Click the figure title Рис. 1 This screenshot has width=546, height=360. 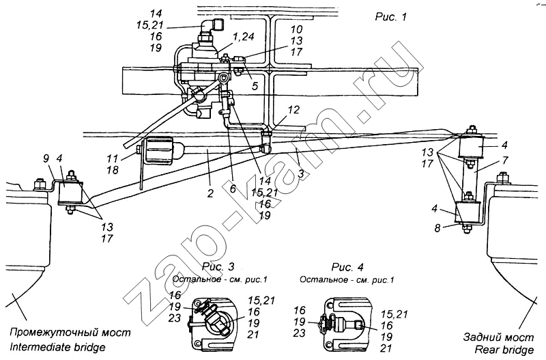tap(390, 16)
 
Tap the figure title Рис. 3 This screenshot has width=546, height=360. tap(218, 267)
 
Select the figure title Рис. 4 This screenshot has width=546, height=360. tap(347, 267)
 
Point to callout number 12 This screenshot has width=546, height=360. tap(293, 110)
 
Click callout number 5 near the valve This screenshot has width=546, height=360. tap(255, 86)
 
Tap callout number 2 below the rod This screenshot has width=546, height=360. tap(210, 193)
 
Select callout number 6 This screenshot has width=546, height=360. tap(233, 189)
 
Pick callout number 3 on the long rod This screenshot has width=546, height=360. tap(301, 174)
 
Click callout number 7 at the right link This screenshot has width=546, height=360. tap(505, 161)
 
